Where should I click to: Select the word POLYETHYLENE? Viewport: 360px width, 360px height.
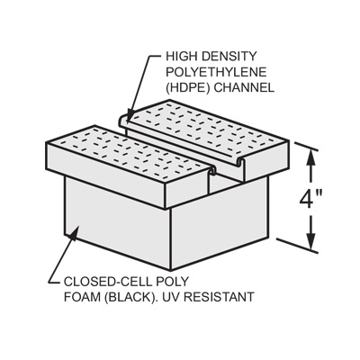pyautogui.click(x=216, y=72)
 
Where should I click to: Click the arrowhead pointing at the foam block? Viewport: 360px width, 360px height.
pyautogui.click(x=73, y=233)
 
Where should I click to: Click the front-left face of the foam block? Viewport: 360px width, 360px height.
pyautogui.click(x=117, y=222)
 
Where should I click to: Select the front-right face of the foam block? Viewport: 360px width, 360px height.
pyautogui.click(x=219, y=223)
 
